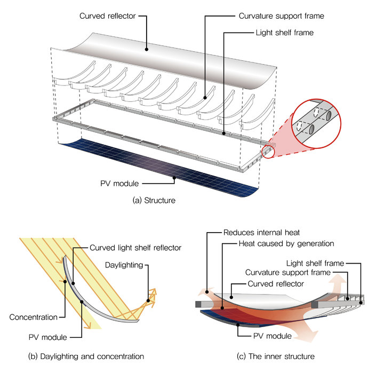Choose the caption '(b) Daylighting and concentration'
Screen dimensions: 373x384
point(81,355)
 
